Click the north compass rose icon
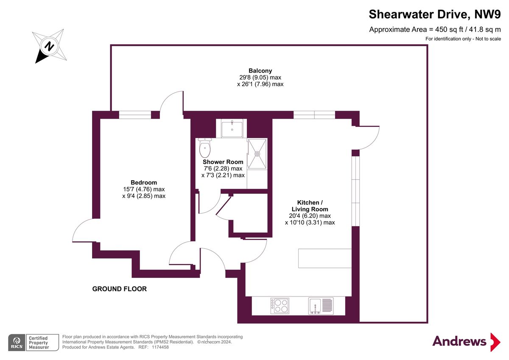coord(50,46)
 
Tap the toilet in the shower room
coord(205,148)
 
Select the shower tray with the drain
coord(257,153)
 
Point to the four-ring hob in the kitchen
coord(280,305)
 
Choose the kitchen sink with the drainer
coord(321,306)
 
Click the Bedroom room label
coord(143,182)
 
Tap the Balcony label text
coord(260,71)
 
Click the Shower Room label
coord(223,162)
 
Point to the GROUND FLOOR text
coord(120,289)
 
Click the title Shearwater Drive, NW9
coord(435,14)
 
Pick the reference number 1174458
coord(160,347)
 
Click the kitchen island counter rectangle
coord(324,258)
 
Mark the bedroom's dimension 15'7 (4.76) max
coord(143,189)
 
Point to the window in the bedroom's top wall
coord(135,114)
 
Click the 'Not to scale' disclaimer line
coord(463,39)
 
